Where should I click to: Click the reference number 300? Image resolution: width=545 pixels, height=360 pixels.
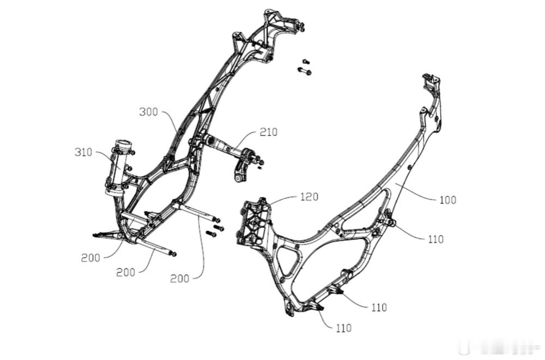tap(148, 112)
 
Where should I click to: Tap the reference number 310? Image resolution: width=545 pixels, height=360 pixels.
tap(84, 152)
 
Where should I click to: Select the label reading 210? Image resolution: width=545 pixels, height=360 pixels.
tap(268, 132)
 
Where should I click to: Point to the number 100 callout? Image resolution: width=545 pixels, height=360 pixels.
tap(447, 200)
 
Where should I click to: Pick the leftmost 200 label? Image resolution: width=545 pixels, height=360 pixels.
tap(90, 258)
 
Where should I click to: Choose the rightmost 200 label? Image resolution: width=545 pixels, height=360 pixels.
tap(179, 278)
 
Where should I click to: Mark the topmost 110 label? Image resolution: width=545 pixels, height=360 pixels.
tap(435, 239)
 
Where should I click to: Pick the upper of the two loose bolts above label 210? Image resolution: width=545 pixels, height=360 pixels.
tap(305, 62)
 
